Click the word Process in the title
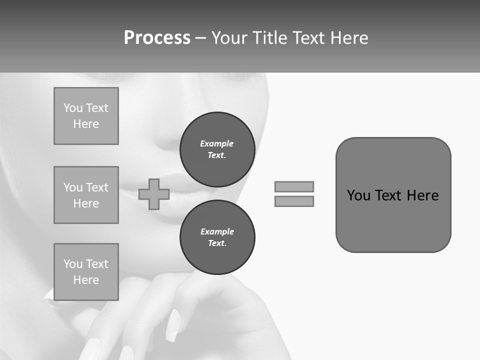(x=157, y=38)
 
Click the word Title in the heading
(x=269, y=38)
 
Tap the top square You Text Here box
(x=86, y=116)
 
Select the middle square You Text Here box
(x=86, y=195)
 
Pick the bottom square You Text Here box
(x=86, y=272)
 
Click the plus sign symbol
(x=154, y=194)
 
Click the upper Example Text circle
(x=217, y=149)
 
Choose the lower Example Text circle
(x=217, y=237)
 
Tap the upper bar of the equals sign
(x=294, y=186)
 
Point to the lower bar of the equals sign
(x=294, y=201)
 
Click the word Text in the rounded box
(x=389, y=195)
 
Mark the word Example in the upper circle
(x=217, y=143)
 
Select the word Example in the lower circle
(x=217, y=231)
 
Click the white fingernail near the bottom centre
(x=172, y=325)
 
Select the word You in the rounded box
(x=358, y=195)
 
